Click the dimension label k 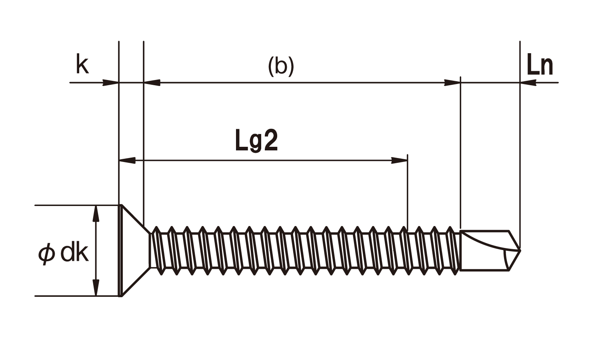click(82, 65)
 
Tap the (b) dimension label click(281, 66)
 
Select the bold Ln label click(540, 65)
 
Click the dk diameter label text click(74, 253)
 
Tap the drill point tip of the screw click(520, 250)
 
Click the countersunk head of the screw click(132, 251)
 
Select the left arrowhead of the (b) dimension click(152, 83)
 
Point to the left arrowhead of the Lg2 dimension click(128, 161)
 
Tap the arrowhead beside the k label click(110, 83)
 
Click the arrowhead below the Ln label click(528, 83)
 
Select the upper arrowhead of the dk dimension click(96, 214)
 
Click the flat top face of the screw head click(120, 251)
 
